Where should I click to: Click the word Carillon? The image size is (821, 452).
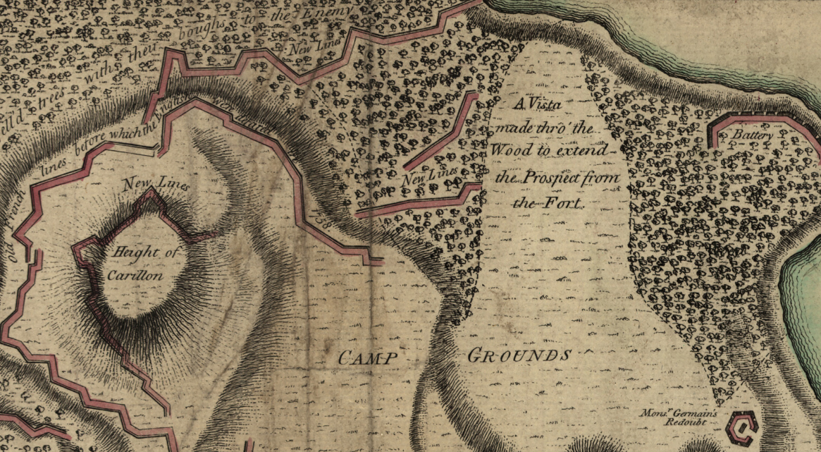tap(135, 276)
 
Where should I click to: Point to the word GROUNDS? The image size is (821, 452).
tap(519, 355)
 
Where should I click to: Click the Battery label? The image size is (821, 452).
tap(753, 135)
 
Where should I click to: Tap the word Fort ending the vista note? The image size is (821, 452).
tap(570, 204)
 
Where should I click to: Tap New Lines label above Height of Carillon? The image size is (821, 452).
tap(155, 185)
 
